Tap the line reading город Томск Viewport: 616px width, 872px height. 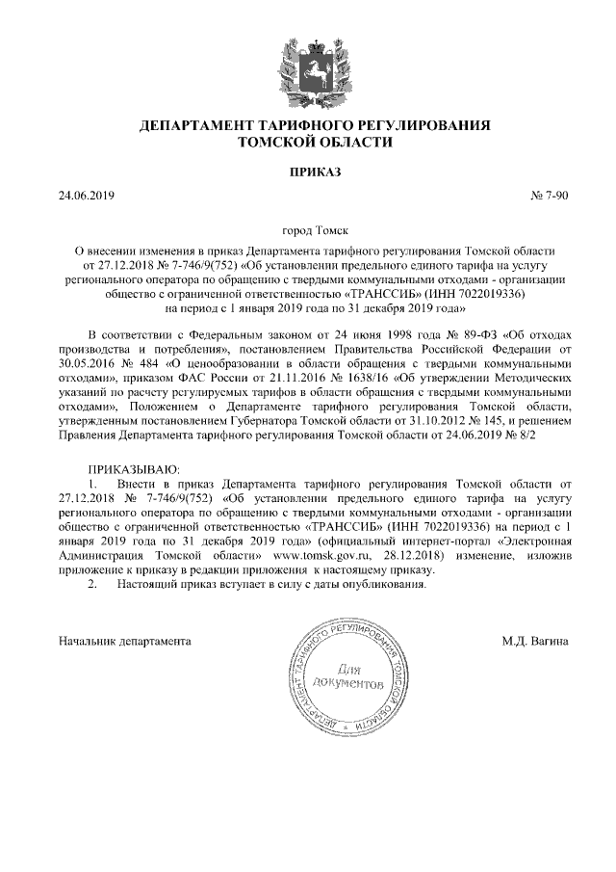click(x=307, y=232)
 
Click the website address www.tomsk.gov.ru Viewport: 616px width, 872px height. click(x=321, y=556)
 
